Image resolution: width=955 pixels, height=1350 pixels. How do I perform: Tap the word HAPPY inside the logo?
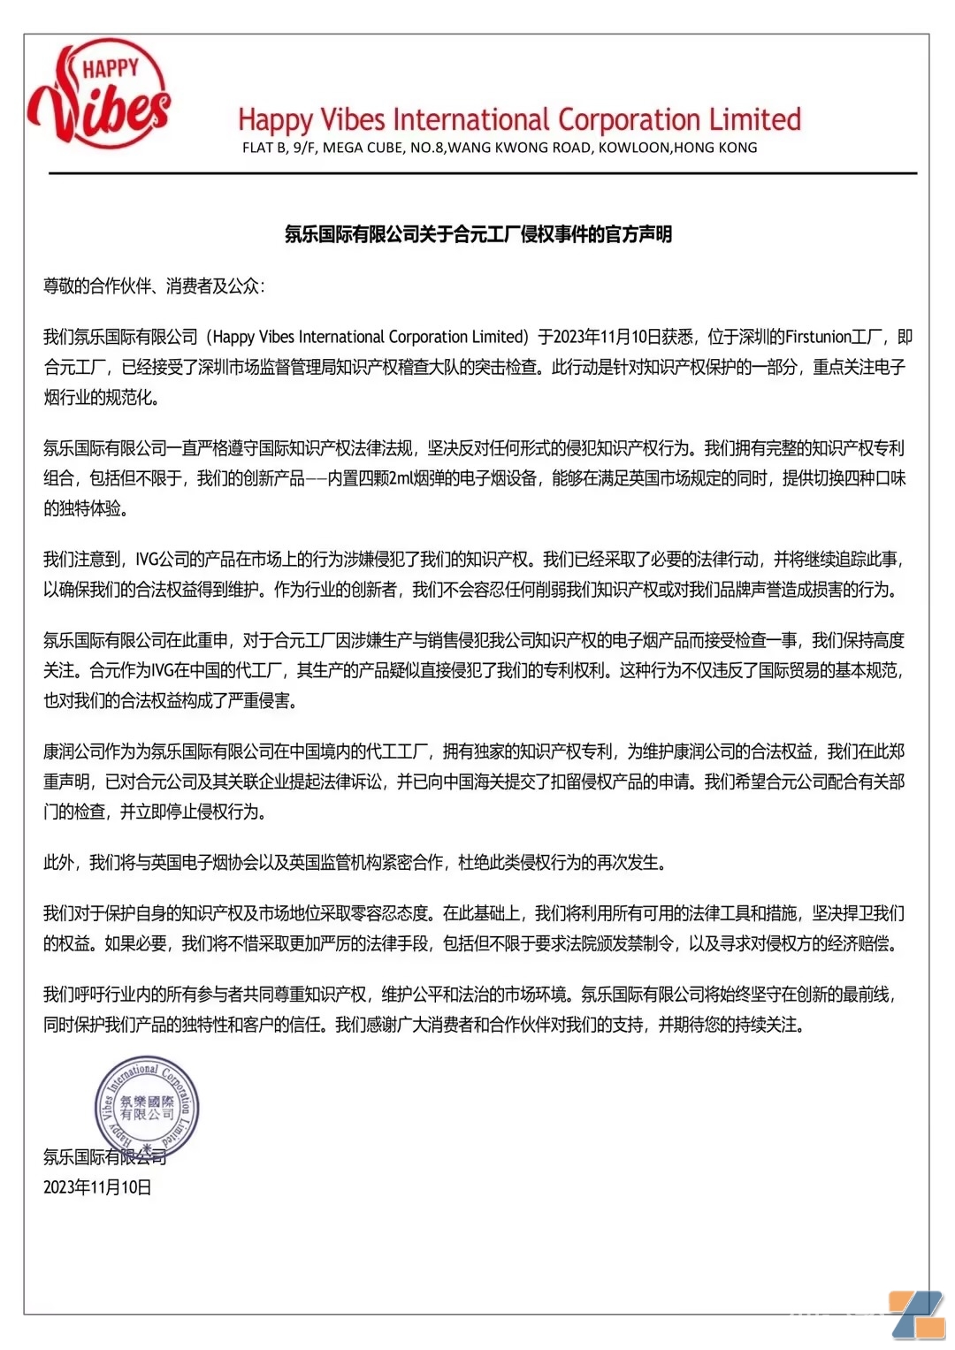111,68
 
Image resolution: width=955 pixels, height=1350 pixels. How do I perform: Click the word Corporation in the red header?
629,119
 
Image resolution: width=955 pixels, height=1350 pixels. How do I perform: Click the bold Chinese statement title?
477,234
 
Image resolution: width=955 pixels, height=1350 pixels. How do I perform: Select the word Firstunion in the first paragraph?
818,337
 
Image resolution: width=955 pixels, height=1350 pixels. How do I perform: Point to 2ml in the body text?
401,478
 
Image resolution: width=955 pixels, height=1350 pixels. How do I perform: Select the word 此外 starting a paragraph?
58,862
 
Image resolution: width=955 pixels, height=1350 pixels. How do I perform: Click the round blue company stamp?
147,1107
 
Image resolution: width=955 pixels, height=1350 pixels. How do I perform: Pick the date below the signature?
97,1187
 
